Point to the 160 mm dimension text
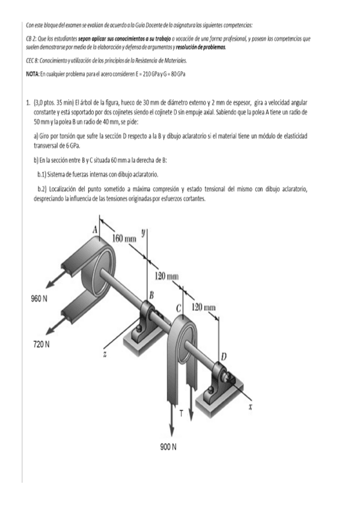(x=124, y=239)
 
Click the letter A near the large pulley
(x=94, y=229)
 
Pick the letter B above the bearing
(x=151, y=295)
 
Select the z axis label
(x=105, y=355)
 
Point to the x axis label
(x=251, y=406)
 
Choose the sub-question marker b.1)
(x=45, y=174)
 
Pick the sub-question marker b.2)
(x=45, y=188)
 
